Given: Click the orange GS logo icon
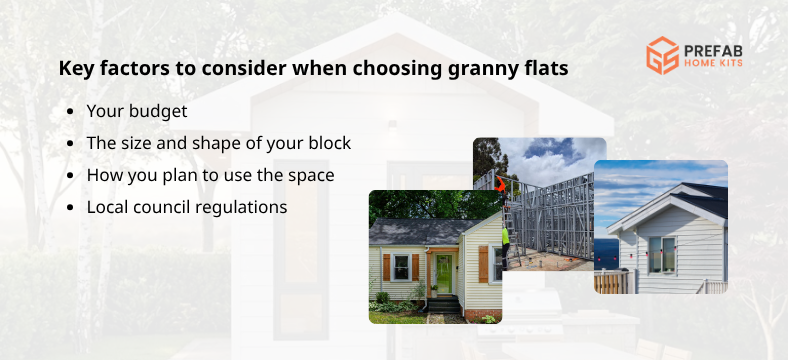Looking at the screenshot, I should pos(662,55).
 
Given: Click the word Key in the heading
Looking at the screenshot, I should pos(74,70).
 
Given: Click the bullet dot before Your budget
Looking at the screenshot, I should pos(69,112).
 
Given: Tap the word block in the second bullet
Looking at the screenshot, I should pos(329,143).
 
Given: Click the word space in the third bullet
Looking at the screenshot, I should pos(311,175).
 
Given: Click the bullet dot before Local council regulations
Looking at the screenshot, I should pos(69,207).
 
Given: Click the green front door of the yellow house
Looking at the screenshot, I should pos(443,273).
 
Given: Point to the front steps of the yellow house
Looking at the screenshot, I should pos(442,304).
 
